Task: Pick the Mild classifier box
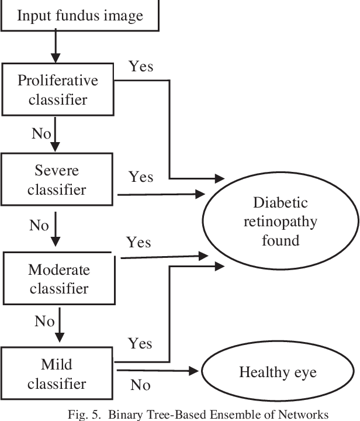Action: pyautogui.click(x=57, y=374)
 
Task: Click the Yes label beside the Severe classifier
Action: pyautogui.click(x=141, y=177)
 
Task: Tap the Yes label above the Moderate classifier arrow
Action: pyautogui.click(x=139, y=242)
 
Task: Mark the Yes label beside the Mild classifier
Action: pyautogui.click(x=140, y=343)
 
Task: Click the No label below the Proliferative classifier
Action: pyautogui.click(x=41, y=134)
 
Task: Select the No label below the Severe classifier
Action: pyautogui.click(x=39, y=226)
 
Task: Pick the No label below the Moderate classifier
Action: pyautogui.click(x=44, y=321)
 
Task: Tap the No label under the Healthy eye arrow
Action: pyautogui.click(x=140, y=385)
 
